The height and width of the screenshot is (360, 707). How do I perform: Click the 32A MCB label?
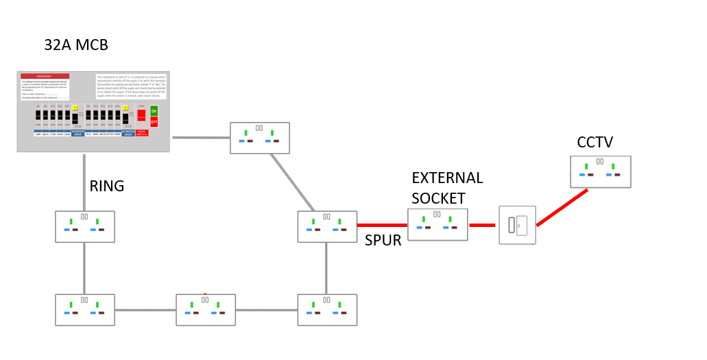click(x=76, y=46)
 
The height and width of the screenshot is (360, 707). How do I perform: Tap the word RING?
click(x=107, y=187)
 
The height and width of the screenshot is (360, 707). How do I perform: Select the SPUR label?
click(x=383, y=242)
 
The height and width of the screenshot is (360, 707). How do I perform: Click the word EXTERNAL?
click(x=447, y=178)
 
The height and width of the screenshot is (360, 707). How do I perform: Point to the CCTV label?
click(x=595, y=143)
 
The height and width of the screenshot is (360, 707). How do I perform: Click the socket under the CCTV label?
click(x=601, y=171)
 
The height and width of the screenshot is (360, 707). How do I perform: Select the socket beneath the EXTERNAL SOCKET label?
click(x=438, y=224)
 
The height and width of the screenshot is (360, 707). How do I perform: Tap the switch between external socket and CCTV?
click(x=517, y=225)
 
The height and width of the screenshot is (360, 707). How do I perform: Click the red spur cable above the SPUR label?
click(x=382, y=225)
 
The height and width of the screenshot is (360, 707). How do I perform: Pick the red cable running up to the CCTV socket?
click(x=562, y=207)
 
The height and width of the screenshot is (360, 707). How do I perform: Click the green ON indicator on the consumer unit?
click(x=154, y=111)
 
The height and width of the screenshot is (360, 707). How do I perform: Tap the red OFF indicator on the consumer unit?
click(x=154, y=121)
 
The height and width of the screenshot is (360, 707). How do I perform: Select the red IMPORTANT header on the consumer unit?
click(x=45, y=76)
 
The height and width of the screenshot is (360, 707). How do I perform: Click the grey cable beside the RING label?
click(x=84, y=182)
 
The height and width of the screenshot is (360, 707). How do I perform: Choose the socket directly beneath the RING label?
click(x=84, y=226)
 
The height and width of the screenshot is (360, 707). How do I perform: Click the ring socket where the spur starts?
click(x=327, y=226)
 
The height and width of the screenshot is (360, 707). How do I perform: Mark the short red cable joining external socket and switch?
click(x=482, y=225)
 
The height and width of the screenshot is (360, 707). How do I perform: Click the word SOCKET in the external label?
click(x=439, y=199)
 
